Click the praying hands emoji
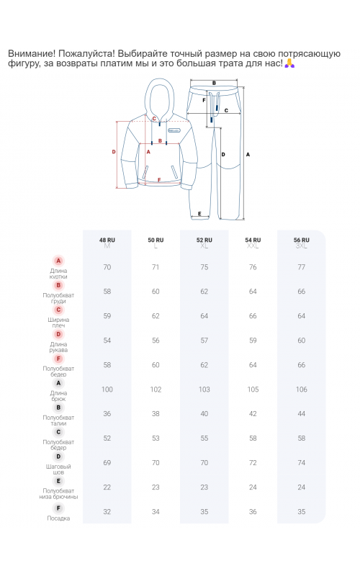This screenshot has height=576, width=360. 290,63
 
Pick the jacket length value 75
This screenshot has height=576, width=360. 204,267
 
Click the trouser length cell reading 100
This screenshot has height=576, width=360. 107,390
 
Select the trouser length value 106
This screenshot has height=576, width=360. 301,390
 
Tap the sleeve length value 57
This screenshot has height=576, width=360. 204,341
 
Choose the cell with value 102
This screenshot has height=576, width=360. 156,390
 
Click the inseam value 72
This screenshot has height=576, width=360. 253,463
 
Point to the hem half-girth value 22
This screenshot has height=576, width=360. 107,487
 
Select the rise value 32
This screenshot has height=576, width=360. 107,512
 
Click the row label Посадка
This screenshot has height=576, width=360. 58,518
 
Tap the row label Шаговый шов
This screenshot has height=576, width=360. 58,469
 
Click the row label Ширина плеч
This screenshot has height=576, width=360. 58,323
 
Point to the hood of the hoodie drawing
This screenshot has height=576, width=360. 159,97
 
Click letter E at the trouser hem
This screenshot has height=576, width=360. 199,213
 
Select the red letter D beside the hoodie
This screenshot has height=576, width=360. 114,152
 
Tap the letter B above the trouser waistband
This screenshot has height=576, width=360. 214,83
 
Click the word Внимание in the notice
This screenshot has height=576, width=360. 31,53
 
